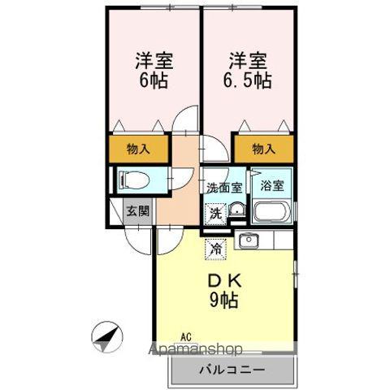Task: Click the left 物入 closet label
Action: (138, 149)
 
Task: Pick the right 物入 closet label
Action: (263, 149)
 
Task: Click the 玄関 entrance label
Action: (136, 211)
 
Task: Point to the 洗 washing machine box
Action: (215, 214)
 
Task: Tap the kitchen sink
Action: (247, 241)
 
